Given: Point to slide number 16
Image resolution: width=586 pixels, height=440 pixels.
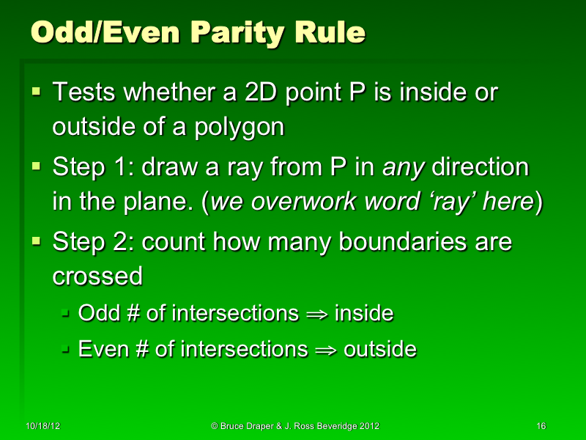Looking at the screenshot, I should tap(541, 426).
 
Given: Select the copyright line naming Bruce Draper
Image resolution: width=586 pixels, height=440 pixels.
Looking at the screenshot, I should tap(295, 426).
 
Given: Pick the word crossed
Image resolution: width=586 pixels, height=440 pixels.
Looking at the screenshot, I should tap(97, 276).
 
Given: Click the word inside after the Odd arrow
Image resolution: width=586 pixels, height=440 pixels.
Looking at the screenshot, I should tap(364, 314).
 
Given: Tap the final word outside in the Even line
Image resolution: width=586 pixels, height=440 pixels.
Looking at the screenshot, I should tap(379, 349).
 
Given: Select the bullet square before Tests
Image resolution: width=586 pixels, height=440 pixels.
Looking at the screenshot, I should tap(37, 92).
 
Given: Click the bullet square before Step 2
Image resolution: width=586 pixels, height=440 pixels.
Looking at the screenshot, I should tap(37, 242).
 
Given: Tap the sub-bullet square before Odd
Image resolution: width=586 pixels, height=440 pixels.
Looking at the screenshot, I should tap(65, 314).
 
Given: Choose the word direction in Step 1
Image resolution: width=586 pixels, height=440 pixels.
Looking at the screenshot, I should tap(480, 167).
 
